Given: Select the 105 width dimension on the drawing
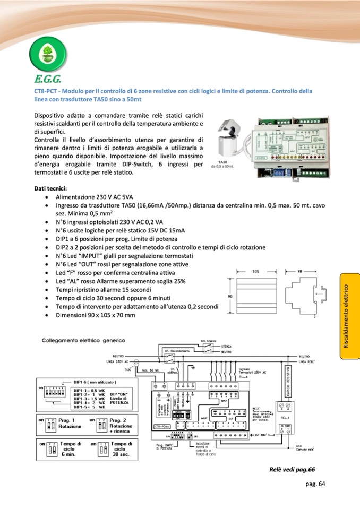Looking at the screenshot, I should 255,271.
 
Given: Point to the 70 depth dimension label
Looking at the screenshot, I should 299,271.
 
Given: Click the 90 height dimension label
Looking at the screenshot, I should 230,296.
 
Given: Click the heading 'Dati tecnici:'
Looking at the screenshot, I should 50,188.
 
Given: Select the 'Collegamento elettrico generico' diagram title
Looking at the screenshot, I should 83,340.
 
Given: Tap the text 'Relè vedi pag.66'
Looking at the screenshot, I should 292,469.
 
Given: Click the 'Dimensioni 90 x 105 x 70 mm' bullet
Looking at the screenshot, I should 96,315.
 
